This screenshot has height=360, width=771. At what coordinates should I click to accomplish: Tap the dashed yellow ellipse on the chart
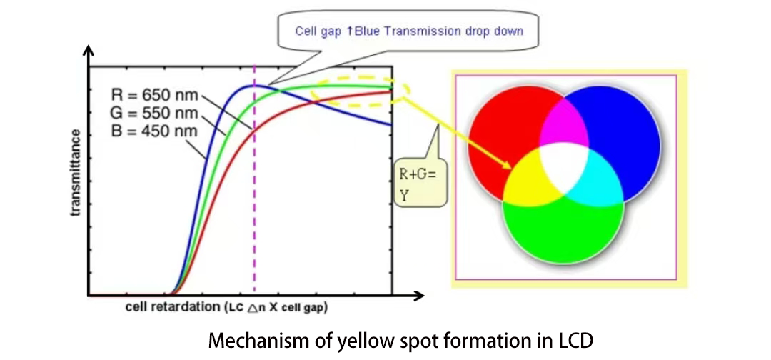361,91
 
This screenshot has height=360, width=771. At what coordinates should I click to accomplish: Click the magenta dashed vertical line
255,214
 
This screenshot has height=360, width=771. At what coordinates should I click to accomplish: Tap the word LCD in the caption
576,340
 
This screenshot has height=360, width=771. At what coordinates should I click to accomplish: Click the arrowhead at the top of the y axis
89,51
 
